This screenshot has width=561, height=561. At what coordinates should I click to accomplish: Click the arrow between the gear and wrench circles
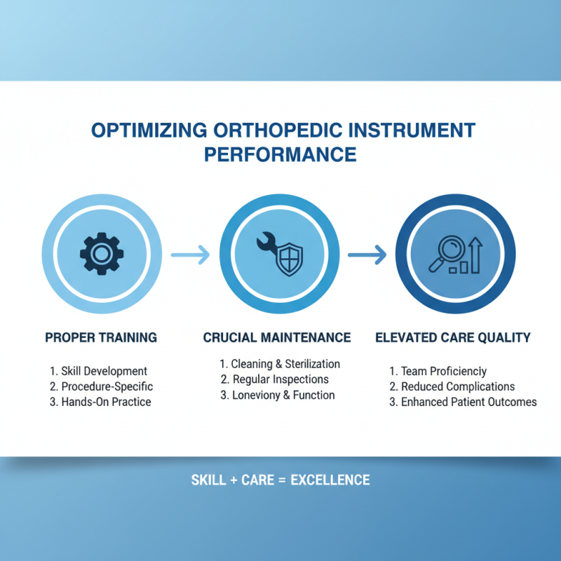pos(189,253)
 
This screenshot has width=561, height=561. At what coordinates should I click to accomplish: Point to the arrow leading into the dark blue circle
pos(367,253)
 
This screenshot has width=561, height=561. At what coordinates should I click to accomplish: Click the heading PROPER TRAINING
pos(101,338)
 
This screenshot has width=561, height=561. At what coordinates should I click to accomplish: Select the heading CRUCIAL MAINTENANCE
pos(277,338)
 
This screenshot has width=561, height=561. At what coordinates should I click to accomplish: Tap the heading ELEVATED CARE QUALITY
pos(453,338)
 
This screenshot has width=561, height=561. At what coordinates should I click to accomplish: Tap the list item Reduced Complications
pos(457,386)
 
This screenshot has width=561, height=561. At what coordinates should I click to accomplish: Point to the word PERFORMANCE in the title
pos(280,154)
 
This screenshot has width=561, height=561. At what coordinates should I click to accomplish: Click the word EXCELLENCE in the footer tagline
pos(330,480)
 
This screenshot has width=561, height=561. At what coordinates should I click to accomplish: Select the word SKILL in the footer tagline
pos(208,480)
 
